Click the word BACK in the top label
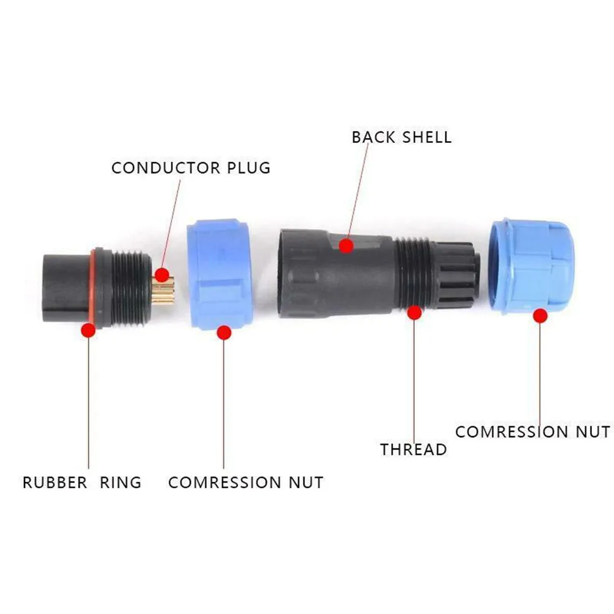point(374,137)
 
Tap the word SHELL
point(427,137)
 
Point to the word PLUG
point(248,168)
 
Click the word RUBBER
point(55,482)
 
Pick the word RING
point(121,482)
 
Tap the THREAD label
point(413,449)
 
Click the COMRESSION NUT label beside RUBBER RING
point(245,482)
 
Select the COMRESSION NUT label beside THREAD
point(532,432)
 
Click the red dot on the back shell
point(347,246)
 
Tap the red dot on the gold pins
point(161,274)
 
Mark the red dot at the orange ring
point(89,331)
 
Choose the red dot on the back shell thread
point(415,313)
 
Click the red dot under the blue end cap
point(540,316)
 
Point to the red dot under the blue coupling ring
point(224,333)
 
